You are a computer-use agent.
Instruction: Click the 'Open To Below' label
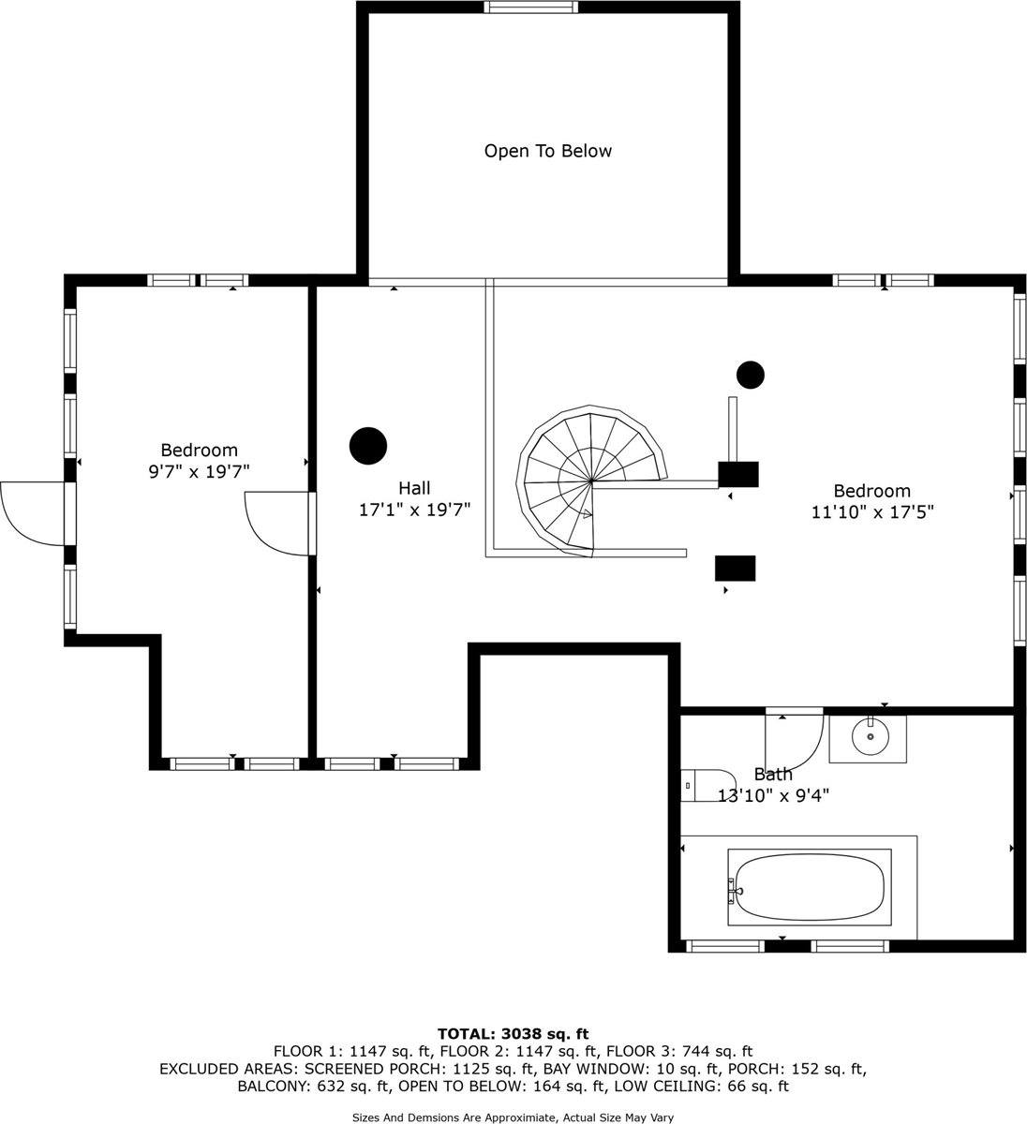pos(547,151)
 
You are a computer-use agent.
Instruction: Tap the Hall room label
pos(414,488)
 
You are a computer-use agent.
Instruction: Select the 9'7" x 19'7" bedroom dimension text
pos(199,472)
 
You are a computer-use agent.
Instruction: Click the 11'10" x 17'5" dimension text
pos(872,512)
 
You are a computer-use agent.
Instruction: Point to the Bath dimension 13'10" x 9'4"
pos(773,796)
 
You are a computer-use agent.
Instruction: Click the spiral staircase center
pos(591,483)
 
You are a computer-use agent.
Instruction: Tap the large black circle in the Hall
pos(368,446)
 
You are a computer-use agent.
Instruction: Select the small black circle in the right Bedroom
pos(750,375)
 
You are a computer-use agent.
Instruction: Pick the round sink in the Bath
pos(871,737)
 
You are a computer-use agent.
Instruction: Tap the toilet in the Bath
pos(707,785)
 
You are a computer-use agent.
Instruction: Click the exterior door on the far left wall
pos(33,512)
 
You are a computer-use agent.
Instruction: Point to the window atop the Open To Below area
pos(531,7)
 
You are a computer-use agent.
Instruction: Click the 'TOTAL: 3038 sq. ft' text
pos(513,1034)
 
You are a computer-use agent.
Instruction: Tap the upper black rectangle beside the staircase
pos(737,474)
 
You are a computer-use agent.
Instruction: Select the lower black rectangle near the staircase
pos(735,569)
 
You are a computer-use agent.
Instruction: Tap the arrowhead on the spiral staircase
pos(587,513)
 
